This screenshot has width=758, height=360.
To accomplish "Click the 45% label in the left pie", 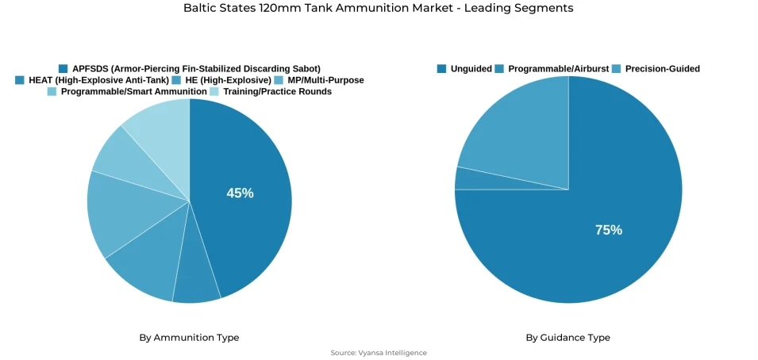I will tap(240, 193).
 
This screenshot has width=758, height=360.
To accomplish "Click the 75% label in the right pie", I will tap(608, 230).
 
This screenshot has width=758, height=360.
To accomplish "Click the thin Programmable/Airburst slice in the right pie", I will tap(468, 179).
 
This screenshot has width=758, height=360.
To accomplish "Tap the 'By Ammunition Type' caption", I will tap(189, 338).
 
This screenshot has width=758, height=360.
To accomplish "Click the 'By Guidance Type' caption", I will tap(568, 338).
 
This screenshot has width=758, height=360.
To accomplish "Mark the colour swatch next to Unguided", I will tap(441, 69).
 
